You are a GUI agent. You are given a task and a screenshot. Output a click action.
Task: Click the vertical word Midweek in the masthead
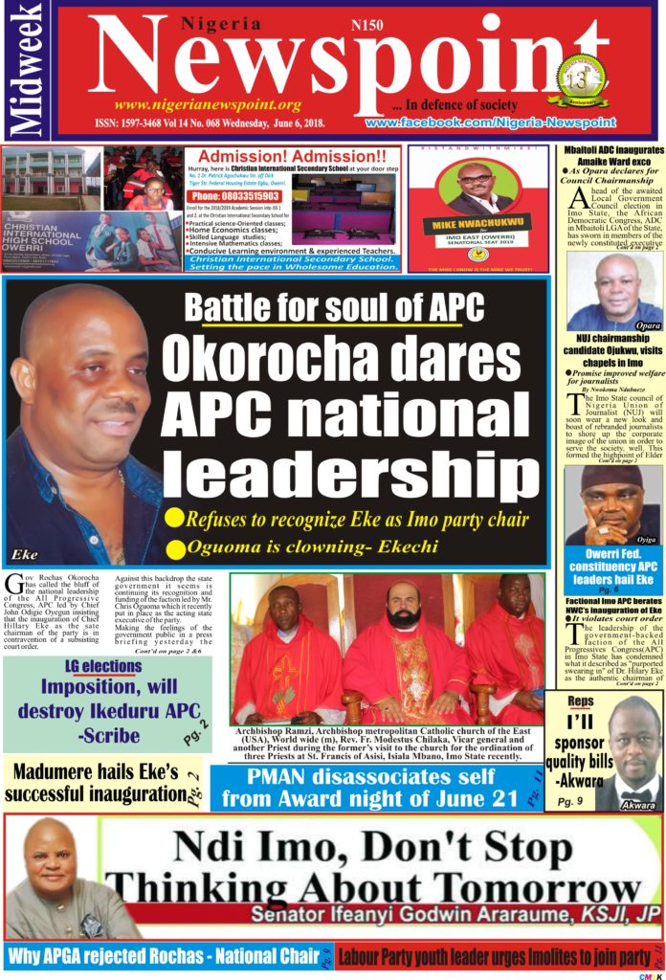[x=26, y=70]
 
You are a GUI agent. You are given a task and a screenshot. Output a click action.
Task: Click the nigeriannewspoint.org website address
[x=208, y=104]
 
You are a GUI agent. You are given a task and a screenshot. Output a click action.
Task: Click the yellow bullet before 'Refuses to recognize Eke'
[x=174, y=519]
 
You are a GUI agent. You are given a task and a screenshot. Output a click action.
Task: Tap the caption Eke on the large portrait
[x=25, y=554]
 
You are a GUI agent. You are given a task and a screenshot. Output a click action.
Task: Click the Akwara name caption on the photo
[x=637, y=806]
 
